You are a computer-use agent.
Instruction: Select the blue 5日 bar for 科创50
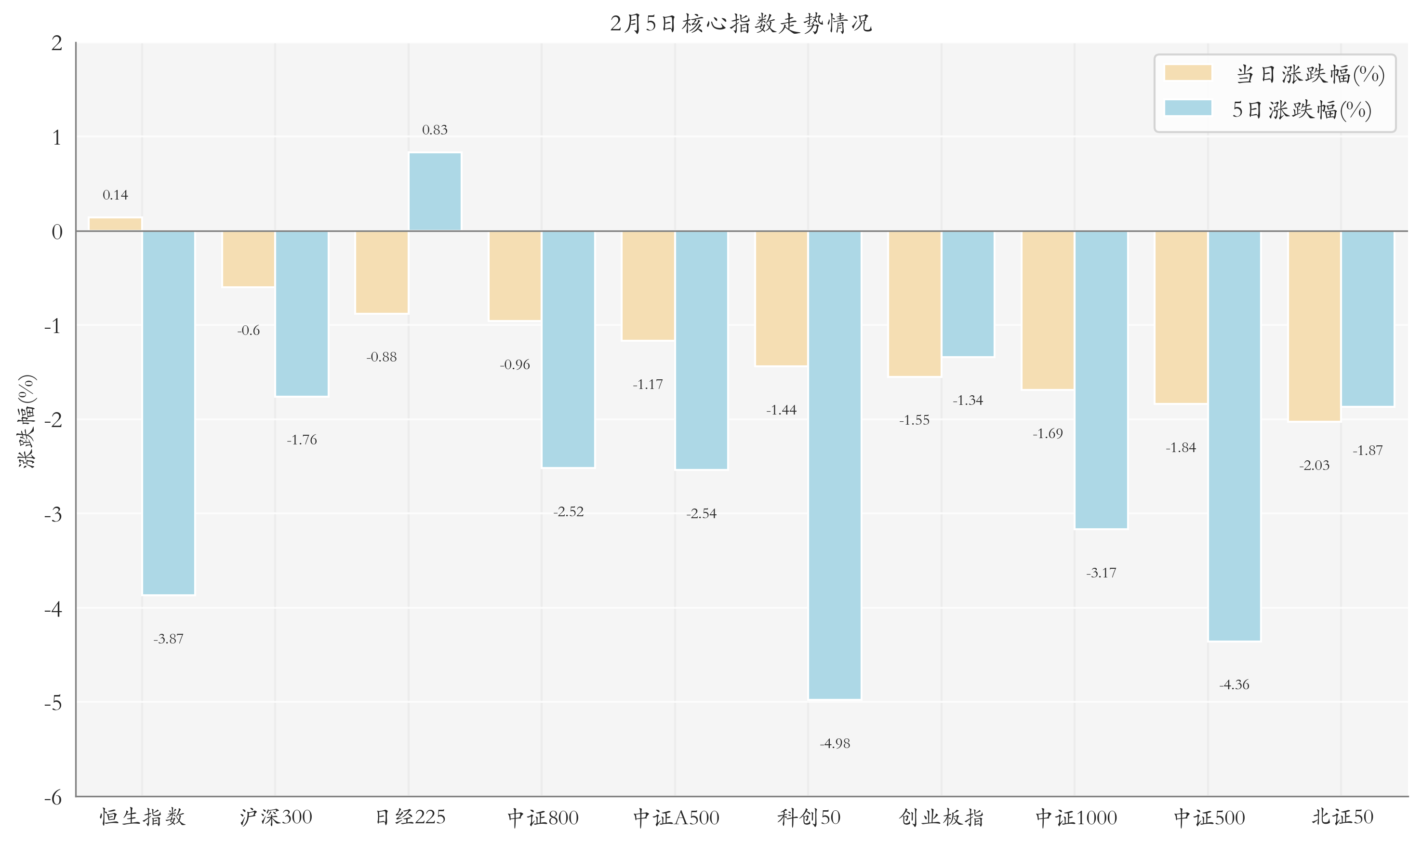point(834,465)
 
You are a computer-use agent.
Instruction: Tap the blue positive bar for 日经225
point(435,192)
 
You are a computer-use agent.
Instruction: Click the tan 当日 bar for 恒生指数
point(116,225)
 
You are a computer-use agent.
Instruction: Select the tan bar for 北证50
point(1314,326)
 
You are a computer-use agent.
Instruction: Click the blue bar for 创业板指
point(968,294)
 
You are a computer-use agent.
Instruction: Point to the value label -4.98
point(835,743)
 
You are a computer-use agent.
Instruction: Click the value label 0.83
point(435,130)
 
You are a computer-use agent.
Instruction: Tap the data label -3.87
point(168,639)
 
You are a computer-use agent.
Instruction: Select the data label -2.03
point(1314,465)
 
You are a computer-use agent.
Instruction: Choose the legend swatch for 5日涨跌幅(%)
point(1188,108)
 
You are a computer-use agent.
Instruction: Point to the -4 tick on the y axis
point(53,609)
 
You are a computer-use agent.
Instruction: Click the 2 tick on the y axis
point(57,43)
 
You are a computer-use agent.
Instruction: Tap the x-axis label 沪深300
point(276,817)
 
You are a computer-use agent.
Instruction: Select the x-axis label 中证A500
point(676,817)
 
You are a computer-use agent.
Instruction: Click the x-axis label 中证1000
point(1076,817)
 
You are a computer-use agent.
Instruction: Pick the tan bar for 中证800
point(515,276)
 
